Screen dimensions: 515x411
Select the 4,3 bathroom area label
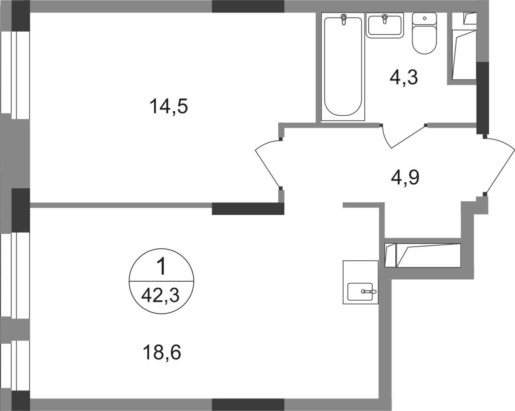pyautogui.click(x=404, y=77)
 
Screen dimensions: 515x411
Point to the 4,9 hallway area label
pyautogui.click(x=405, y=178)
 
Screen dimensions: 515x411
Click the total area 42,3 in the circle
pyautogui.click(x=160, y=295)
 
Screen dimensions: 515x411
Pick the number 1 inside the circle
pyautogui.click(x=161, y=267)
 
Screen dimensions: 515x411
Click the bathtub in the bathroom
pyautogui.click(x=343, y=67)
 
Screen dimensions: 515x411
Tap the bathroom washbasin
pyautogui.click(x=385, y=25)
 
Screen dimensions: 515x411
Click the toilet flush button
pyautogui.click(x=425, y=18)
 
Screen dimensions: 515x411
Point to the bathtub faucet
pyautogui.click(x=344, y=19)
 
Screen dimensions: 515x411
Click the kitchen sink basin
pyautogui.click(x=360, y=292)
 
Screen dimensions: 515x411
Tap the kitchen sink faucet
pyautogui.click(x=369, y=292)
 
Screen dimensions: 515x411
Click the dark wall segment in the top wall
pyautogui.click(x=248, y=6)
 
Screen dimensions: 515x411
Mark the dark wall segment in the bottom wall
pyautogui.click(x=248, y=405)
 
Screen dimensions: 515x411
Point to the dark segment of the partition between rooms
pyautogui.click(x=248, y=209)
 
